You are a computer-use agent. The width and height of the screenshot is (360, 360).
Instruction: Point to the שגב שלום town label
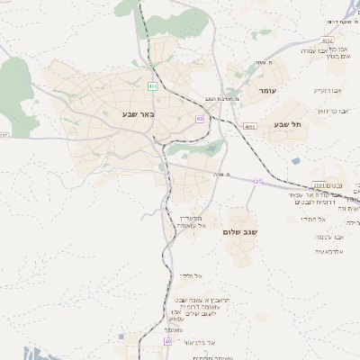(x=240, y=231)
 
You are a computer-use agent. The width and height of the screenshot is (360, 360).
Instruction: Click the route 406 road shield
(x=153, y=86)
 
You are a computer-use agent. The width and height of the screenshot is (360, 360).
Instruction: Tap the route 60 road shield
(x=199, y=118)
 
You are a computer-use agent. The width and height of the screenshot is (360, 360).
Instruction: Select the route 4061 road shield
(x=249, y=127)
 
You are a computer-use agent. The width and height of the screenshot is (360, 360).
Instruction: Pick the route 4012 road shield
(x=327, y=40)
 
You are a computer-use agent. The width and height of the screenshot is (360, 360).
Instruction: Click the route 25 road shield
(x=258, y=181)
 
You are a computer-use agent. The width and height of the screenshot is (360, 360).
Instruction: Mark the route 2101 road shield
(x=319, y=184)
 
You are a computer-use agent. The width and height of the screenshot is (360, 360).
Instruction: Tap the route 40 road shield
(x=167, y=342)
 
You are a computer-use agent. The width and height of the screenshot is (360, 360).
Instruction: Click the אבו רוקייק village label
(x=322, y=90)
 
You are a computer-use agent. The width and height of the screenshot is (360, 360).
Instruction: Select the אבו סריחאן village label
(x=331, y=110)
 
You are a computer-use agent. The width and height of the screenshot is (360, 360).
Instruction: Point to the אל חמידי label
(x=312, y=219)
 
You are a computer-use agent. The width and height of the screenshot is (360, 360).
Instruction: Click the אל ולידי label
(x=191, y=275)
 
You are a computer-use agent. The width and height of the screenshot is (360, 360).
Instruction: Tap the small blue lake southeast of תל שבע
(x=296, y=162)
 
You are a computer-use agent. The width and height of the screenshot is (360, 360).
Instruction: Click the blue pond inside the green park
(x=212, y=149)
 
